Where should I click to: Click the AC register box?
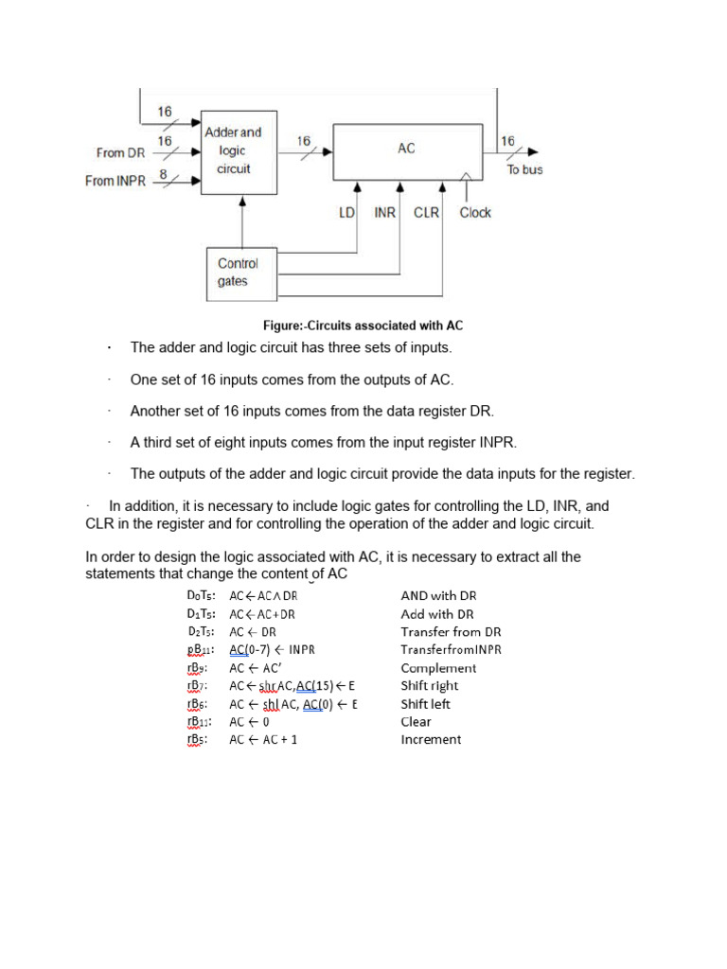pos(407,150)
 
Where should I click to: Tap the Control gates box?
pos(239,273)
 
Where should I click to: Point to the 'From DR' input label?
pos(121,152)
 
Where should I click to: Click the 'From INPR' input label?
pos(115,181)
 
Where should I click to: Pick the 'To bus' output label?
pos(525,169)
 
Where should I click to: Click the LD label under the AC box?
pos(346,213)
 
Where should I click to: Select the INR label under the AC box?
pos(384,213)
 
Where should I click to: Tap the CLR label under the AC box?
pos(426,213)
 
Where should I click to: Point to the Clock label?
pos(475,213)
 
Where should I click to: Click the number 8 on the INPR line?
pos(164,174)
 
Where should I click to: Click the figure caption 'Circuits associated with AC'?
pos(363,326)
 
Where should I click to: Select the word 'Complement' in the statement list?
pos(438,668)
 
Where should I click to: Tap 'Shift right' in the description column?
pos(430,686)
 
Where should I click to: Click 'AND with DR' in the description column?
pos(438,596)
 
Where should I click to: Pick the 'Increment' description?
pos(431,740)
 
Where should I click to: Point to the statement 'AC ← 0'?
pos(250,722)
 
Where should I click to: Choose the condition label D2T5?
pos(202,632)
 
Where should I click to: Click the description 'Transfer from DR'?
pos(451,632)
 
